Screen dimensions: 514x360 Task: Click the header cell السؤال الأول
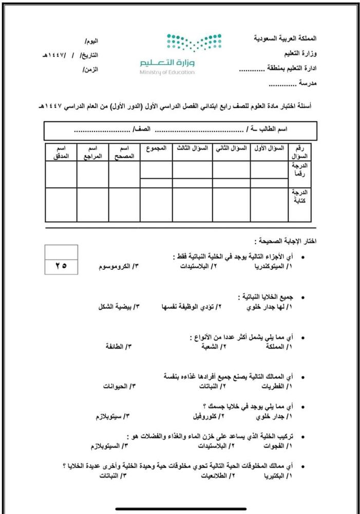pos(269,148)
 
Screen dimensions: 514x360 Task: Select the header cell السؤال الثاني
pos(231,148)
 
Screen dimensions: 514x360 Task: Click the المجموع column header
pos(156,148)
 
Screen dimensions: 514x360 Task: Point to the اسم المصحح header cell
pos(124,152)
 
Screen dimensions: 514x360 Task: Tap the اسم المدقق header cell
pos(61,152)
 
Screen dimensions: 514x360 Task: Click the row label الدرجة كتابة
pos(299,198)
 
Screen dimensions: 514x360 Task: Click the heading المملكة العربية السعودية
pos(286,39)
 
